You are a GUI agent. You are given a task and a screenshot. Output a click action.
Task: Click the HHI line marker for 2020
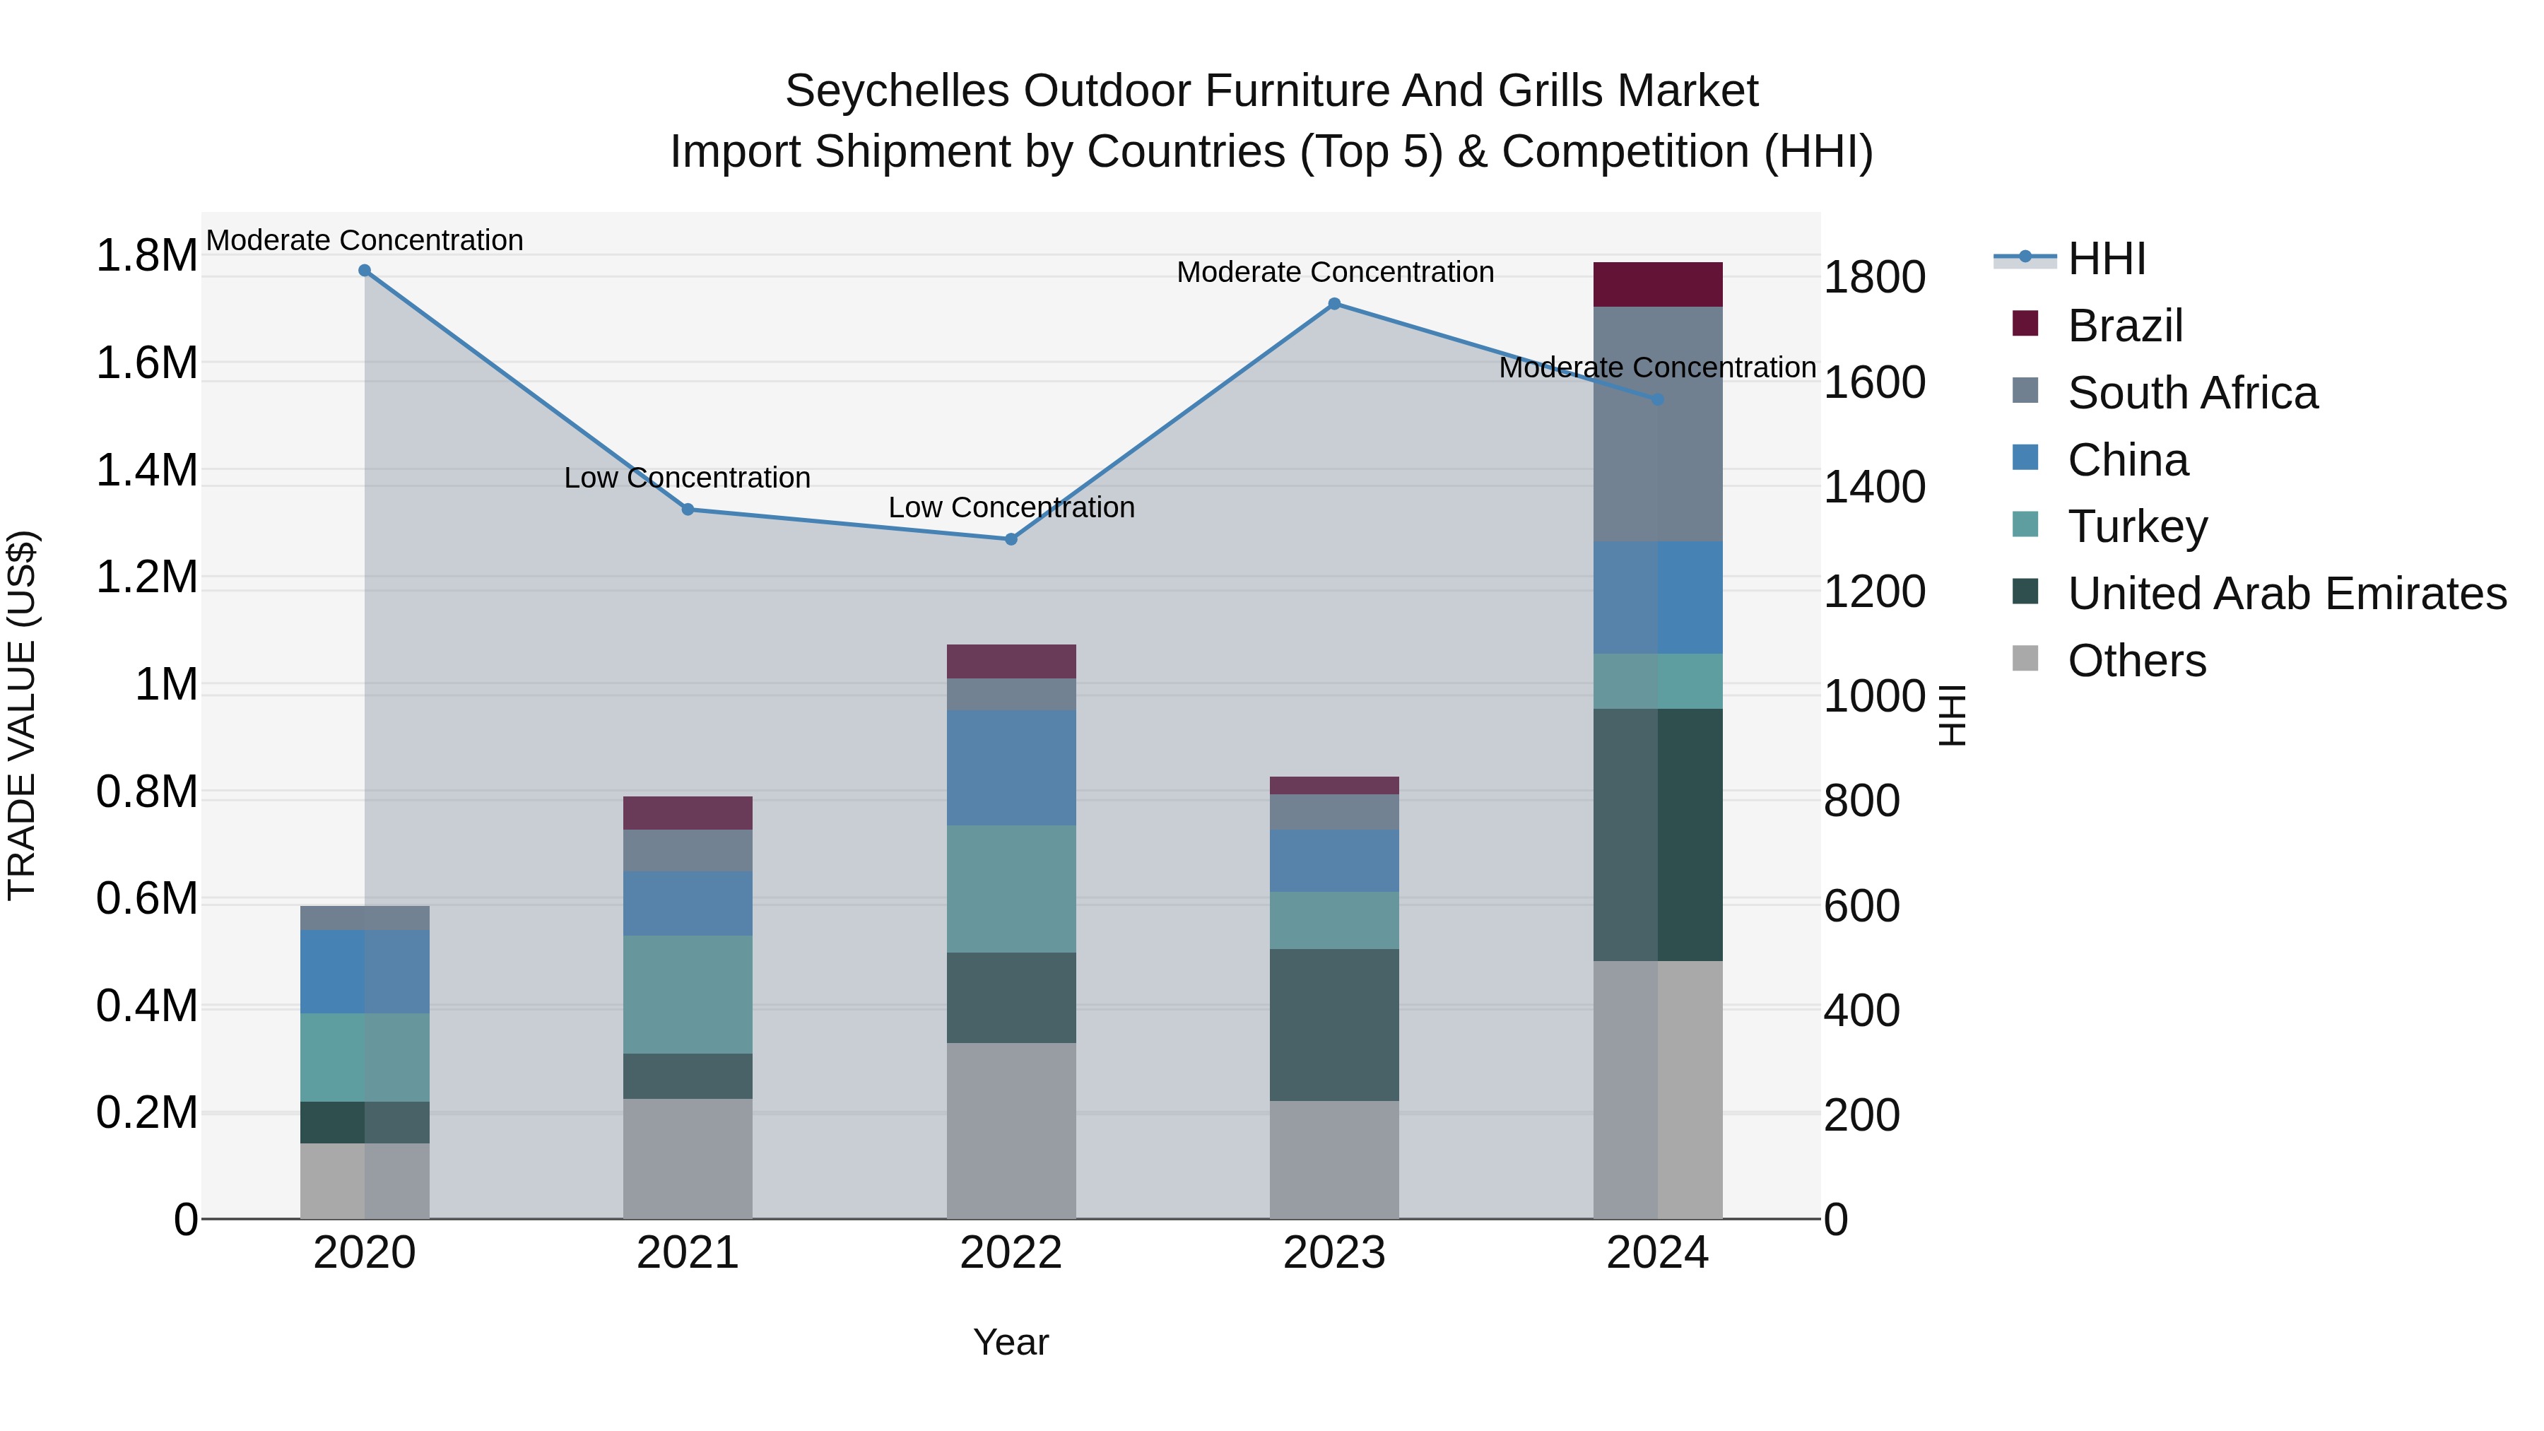click(365, 271)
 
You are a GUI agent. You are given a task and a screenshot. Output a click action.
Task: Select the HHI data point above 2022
click(1011, 539)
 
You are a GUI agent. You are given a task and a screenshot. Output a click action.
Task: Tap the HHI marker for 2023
click(1334, 304)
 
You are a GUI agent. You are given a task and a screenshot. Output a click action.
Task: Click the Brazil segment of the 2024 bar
click(1657, 284)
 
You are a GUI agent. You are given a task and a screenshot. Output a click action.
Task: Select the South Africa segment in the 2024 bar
click(1657, 425)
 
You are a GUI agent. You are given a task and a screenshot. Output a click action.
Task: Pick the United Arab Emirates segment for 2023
click(1334, 1025)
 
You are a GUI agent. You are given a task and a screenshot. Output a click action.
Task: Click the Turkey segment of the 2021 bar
click(688, 994)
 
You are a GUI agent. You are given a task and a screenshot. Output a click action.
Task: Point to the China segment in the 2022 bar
click(1011, 767)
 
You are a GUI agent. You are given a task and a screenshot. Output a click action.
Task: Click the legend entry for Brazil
click(2124, 326)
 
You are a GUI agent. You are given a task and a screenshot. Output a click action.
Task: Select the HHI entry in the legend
click(2106, 259)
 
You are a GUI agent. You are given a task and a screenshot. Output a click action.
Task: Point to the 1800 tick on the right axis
click(1873, 278)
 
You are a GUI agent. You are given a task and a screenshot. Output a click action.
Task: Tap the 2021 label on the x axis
click(688, 1253)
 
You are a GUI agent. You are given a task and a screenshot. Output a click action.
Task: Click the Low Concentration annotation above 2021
click(688, 478)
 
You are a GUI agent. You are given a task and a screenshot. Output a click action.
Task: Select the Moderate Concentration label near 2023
click(1334, 273)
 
